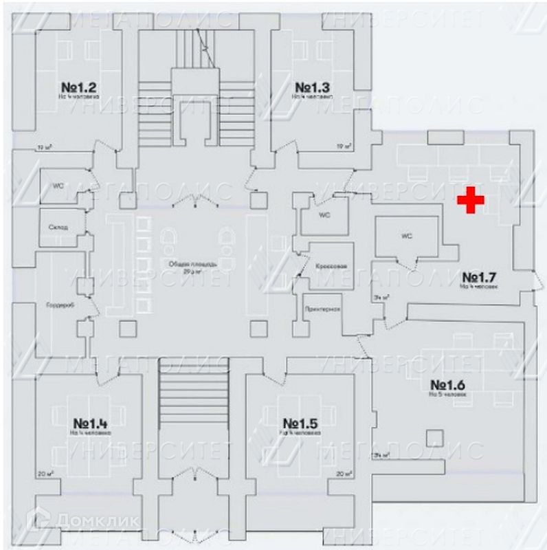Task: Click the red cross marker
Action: coord(471,199)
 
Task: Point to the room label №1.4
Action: coord(91,423)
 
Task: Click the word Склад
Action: coord(58,227)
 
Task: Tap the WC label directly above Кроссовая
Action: coord(324,215)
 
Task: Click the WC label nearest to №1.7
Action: coord(406,236)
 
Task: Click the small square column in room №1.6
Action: coord(432,437)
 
